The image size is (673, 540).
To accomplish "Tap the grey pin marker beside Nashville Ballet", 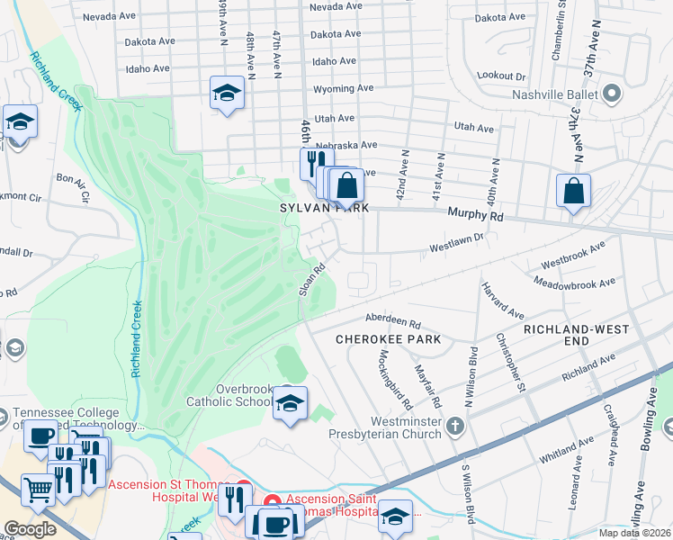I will tap(612, 94).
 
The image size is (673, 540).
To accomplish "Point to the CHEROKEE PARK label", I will tap(388, 339).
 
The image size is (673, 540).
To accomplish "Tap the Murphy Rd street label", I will tap(476, 216).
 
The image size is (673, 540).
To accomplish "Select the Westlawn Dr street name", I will tap(456, 240).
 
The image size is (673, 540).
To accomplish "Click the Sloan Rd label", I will tap(310, 277).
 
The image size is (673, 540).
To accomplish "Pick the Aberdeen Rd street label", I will tap(392, 319).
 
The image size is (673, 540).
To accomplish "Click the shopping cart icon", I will tap(38, 490).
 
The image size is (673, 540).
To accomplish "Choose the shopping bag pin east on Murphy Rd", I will tap(572, 191).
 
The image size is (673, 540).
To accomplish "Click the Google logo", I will tap(30, 529).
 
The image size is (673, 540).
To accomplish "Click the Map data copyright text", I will tap(634, 533).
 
